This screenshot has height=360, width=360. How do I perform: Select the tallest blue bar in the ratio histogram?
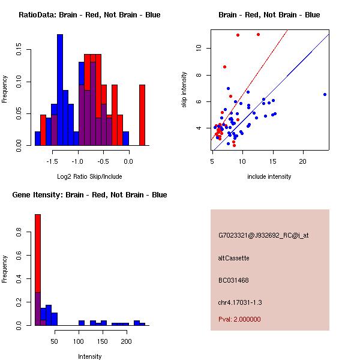pyautogui.click(x=60, y=90)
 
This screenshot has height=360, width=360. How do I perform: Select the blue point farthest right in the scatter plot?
pyautogui.click(x=325, y=94)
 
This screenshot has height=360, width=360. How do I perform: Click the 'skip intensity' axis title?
pyautogui.click(x=184, y=90)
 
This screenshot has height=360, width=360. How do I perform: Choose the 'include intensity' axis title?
pyautogui.click(x=269, y=177)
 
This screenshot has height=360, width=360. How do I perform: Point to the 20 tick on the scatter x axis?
pyautogui.click(x=303, y=161)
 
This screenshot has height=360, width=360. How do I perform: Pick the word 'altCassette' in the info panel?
pyautogui.click(x=233, y=258)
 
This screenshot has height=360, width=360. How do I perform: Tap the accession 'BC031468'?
pyautogui.click(x=233, y=280)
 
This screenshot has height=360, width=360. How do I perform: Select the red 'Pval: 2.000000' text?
pyautogui.click(x=239, y=319)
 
